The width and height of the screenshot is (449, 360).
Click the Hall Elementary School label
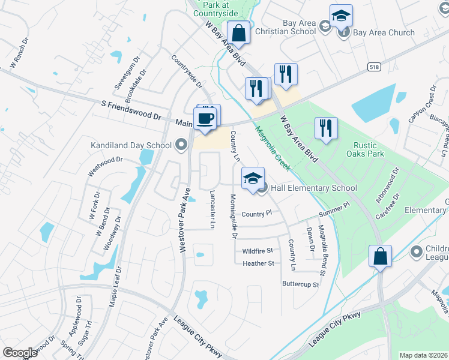click(314, 188)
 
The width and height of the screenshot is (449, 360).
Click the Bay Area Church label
click(384, 32)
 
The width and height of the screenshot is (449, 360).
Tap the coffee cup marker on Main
click(205, 118)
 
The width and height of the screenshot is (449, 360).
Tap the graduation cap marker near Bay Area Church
click(341, 16)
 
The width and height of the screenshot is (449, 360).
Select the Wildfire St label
click(258, 250)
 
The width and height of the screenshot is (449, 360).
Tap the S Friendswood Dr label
click(132, 109)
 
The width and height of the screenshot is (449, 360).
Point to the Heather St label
click(258, 263)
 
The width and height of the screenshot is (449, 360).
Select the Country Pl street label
click(257, 214)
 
